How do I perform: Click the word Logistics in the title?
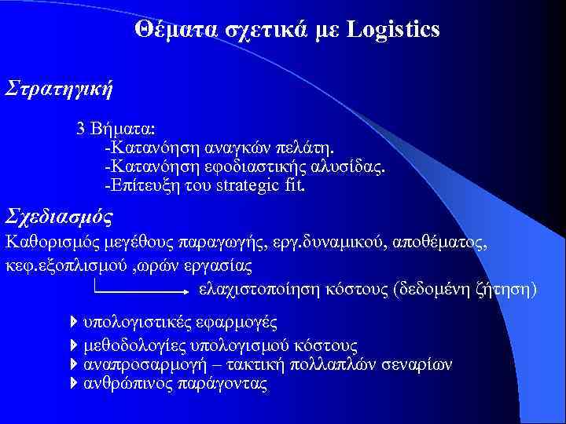tap(392, 30)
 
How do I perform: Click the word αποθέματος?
tap(445, 243)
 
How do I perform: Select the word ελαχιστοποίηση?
tap(256, 290)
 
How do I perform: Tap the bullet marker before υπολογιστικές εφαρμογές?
tap(74, 322)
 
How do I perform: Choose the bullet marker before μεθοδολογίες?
tap(74, 345)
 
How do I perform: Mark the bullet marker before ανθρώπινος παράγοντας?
tap(74, 384)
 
